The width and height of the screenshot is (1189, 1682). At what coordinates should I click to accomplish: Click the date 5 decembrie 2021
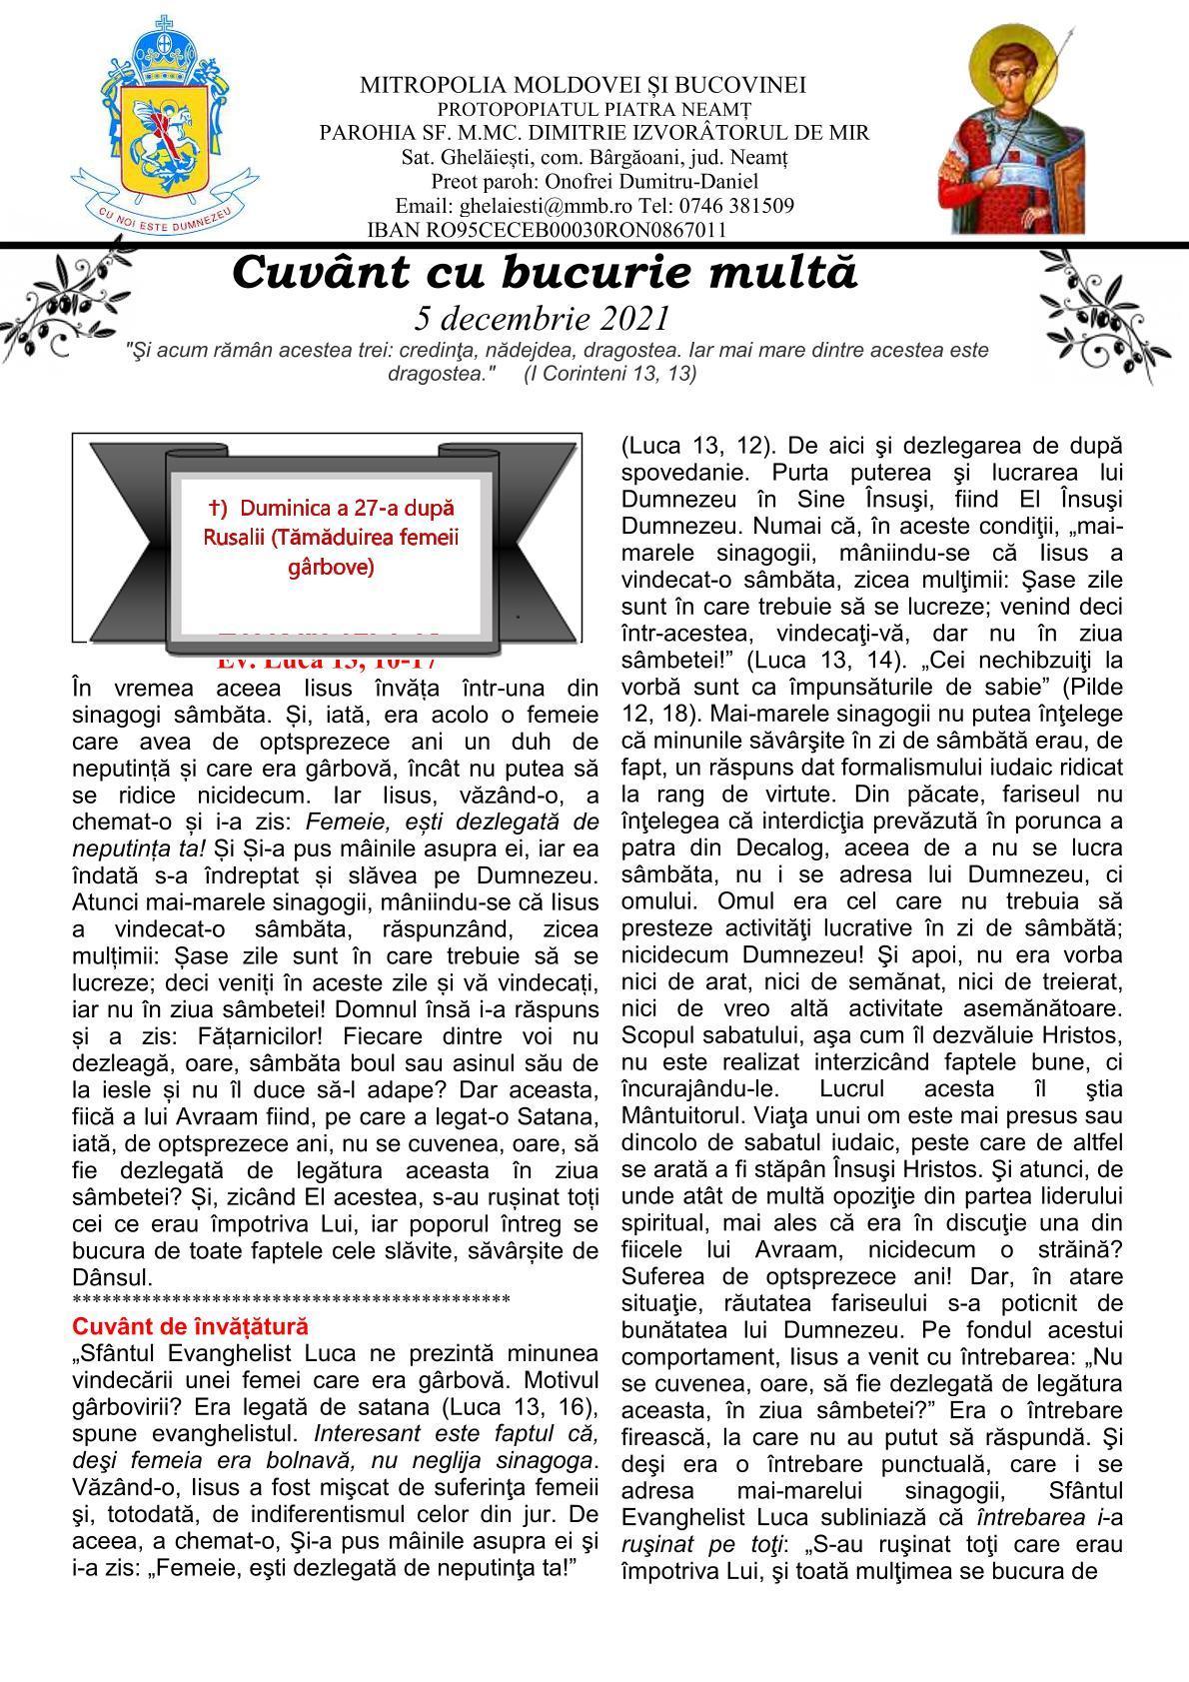tap(541, 318)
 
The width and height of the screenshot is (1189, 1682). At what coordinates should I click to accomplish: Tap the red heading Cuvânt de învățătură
tap(190, 1326)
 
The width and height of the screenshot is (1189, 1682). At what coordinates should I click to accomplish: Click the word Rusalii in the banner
tap(230, 538)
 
